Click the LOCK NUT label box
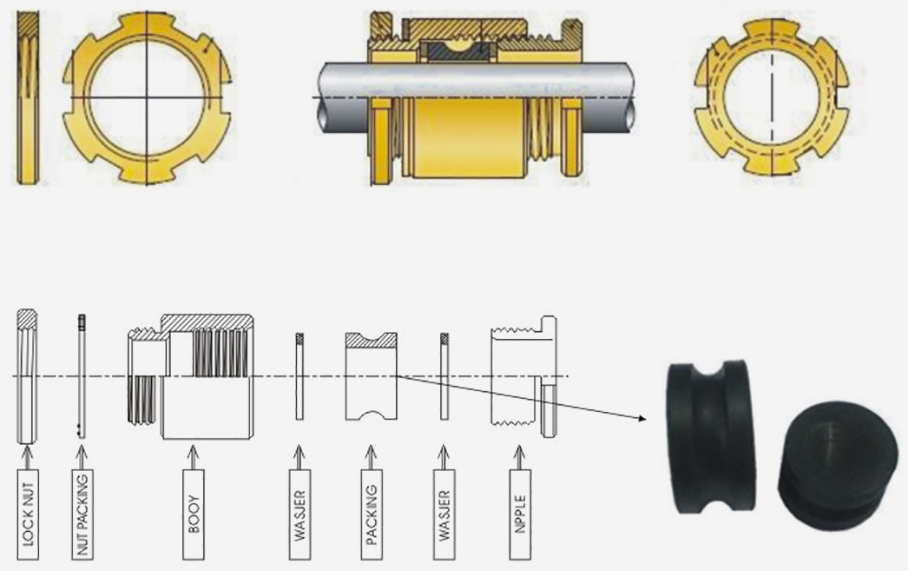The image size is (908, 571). [28, 514]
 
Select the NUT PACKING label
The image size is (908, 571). [82, 514]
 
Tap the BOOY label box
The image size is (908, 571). [193, 514]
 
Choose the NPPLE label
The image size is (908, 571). [520, 514]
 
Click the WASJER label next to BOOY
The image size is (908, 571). [299, 514]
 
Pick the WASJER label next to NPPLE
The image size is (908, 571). [444, 514]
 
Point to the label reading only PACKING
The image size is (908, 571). [371, 514]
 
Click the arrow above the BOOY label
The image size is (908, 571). [193, 457]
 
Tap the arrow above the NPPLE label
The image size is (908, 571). [520, 457]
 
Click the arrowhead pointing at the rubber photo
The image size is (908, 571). [642, 418]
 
